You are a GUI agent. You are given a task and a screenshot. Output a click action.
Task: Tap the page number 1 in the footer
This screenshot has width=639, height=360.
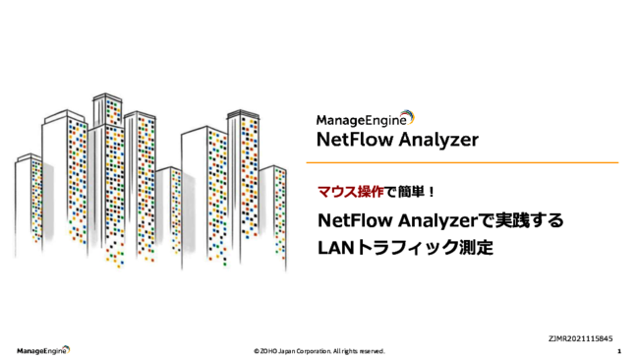pyautogui.click(x=618, y=350)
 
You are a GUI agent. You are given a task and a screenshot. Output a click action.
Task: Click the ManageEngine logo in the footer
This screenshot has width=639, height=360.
pyautogui.click(x=42, y=350)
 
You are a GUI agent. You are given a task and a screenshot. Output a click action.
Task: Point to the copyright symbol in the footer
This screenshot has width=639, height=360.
pyautogui.click(x=256, y=351)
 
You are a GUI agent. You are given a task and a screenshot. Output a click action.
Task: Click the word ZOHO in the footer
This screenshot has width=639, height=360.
pyautogui.click(x=268, y=351)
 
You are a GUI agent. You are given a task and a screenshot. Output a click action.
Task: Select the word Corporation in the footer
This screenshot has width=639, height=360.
pyautogui.click(x=315, y=351)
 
